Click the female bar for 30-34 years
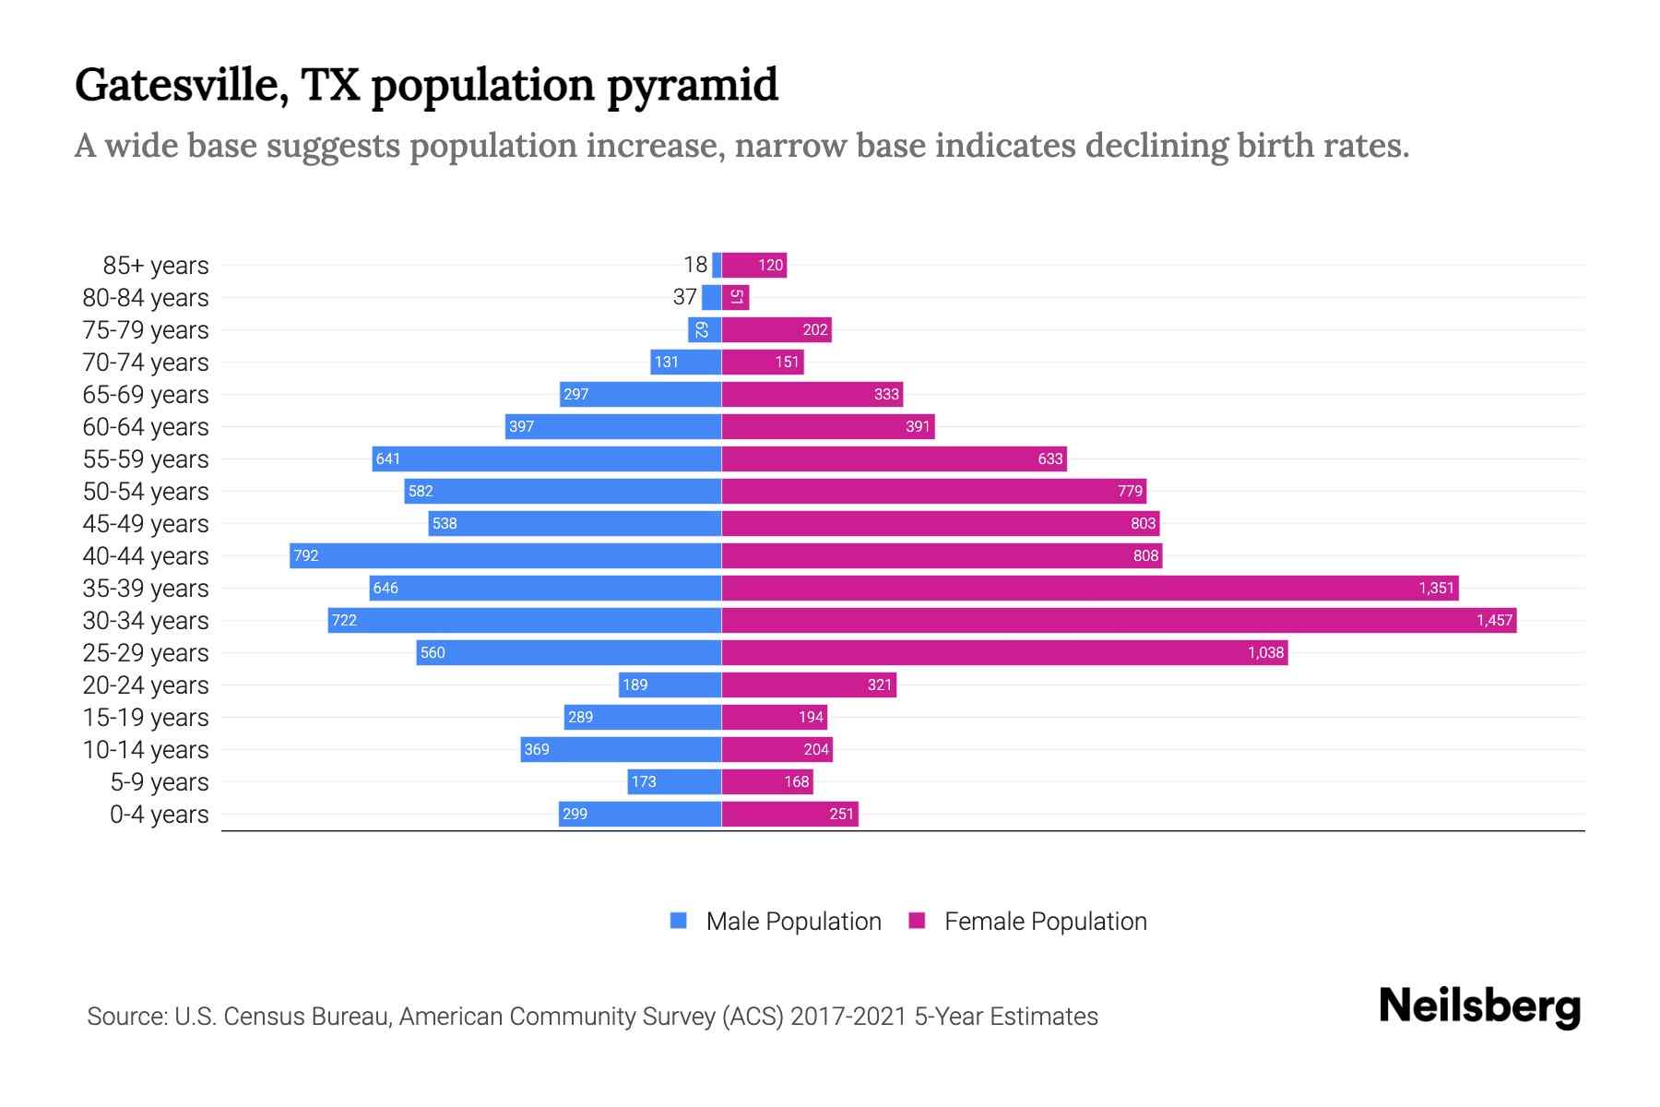[1118, 620]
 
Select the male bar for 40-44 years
[505, 555]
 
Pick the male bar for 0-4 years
[640, 814]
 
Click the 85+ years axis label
[155, 266]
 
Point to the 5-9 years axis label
[159, 782]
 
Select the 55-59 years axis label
[146, 459]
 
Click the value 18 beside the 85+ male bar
[695, 265]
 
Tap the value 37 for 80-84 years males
[684, 297]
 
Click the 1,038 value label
[1265, 652]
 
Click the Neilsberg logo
[1479, 1006]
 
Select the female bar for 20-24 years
[809, 684]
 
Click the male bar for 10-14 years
[621, 749]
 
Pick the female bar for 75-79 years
[777, 329]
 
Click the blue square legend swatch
[679, 921]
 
